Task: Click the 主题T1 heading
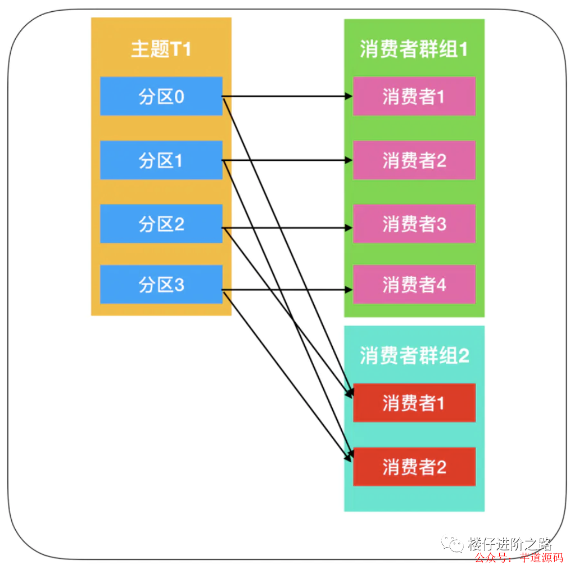[x=161, y=49]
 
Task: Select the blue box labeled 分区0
[x=161, y=96]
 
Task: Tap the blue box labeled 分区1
[x=161, y=160]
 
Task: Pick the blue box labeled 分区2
[x=161, y=224]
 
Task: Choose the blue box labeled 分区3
[x=161, y=284]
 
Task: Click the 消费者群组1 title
[x=414, y=49]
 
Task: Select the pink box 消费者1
[x=414, y=96]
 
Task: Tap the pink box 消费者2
[x=414, y=160]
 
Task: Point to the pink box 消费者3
[x=414, y=224]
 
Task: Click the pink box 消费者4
[x=414, y=284]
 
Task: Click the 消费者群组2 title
[x=414, y=355]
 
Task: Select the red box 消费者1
[x=414, y=403]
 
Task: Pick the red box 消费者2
[x=414, y=467]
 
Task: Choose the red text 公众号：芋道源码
[x=518, y=558]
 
